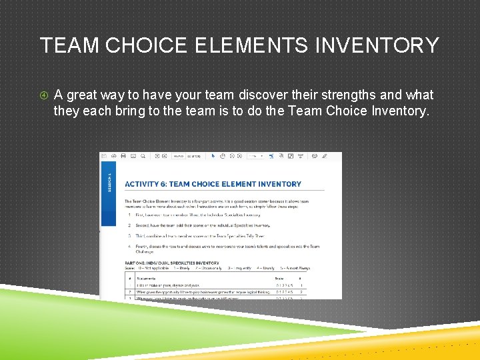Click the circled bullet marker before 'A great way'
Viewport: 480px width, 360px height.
[44, 95]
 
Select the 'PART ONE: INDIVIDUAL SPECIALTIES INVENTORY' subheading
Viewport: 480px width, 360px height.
[172, 263]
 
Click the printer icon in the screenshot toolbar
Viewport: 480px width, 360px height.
[123, 156]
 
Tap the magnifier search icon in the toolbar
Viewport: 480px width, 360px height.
[143, 156]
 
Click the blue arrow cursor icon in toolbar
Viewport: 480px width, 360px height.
[213, 156]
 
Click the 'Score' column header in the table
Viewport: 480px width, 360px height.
[279, 277]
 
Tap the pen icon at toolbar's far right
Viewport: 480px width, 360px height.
[325, 156]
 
